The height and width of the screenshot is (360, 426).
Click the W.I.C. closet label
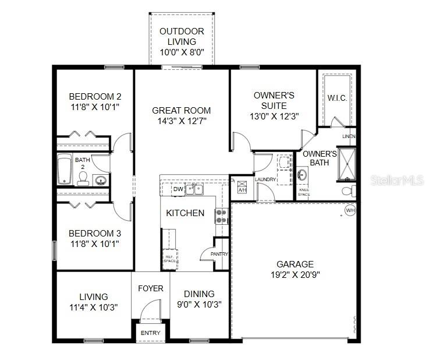coord(337,98)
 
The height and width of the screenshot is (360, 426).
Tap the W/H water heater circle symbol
coord(350,210)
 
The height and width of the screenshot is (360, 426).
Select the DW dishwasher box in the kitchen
coord(178,189)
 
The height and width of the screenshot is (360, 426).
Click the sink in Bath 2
coord(101,179)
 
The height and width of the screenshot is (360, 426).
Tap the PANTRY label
coord(219,254)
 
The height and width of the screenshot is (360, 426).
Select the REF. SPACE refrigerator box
coord(169,258)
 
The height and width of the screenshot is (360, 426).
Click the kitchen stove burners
coord(221,216)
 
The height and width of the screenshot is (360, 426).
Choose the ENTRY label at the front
coord(150,333)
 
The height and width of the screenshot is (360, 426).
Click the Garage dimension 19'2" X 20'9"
coord(295,276)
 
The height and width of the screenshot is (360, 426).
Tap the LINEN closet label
coord(349,136)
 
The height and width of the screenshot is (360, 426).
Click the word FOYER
coord(150,288)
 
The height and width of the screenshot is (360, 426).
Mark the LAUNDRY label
coord(265,179)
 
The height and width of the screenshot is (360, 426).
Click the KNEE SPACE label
coord(304,192)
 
